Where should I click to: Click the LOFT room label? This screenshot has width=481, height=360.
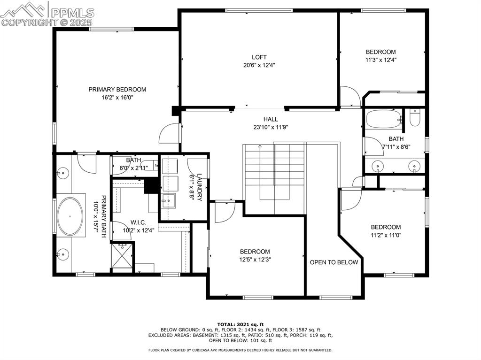(259, 57)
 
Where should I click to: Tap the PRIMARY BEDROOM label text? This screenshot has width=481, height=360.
(117, 90)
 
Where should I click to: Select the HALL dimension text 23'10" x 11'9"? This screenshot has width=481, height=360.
(271, 127)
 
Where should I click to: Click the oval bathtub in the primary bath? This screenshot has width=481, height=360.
(70, 216)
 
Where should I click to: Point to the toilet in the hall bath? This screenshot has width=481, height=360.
(415, 118)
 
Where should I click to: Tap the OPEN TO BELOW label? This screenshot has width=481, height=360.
(334, 262)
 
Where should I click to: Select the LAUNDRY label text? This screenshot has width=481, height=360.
(199, 187)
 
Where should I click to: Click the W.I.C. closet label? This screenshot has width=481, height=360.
(139, 222)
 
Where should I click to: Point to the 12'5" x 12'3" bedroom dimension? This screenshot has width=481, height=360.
(255, 260)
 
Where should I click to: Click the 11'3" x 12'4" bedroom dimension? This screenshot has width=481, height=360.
(380, 60)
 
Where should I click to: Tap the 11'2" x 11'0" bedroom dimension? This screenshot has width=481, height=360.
(386, 235)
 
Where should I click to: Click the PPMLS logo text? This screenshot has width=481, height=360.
(72, 13)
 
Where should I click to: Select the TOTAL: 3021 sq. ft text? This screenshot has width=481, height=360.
(240, 324)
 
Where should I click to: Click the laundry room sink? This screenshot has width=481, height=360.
(168, 201)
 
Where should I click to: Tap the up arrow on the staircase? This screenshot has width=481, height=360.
(260, 146)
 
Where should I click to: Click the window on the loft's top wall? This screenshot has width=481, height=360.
(259, 10)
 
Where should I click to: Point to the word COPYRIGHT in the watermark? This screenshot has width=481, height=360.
(30, 23)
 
